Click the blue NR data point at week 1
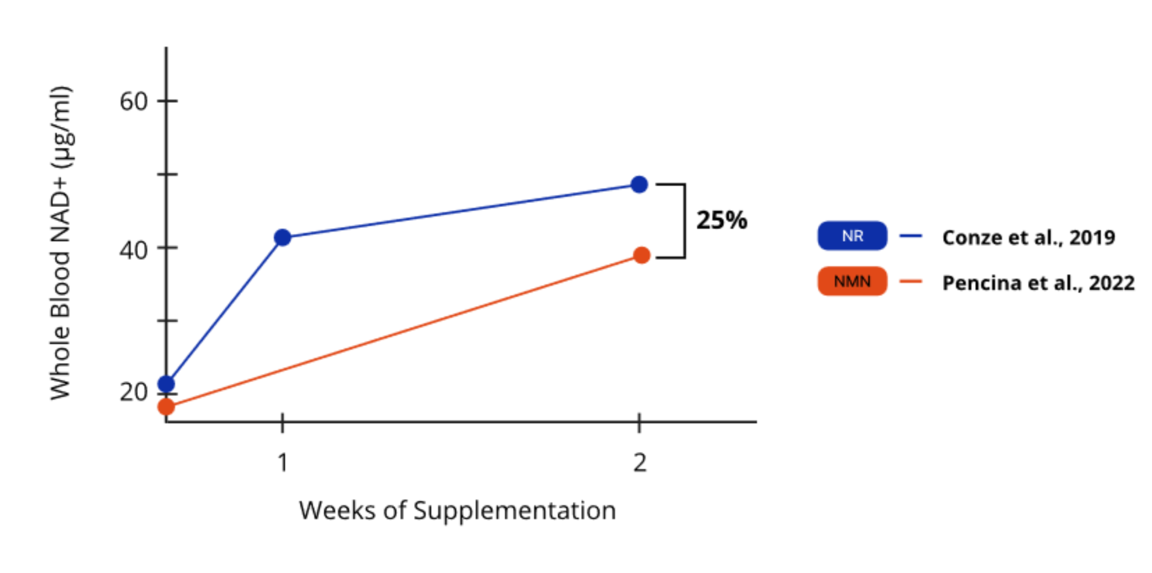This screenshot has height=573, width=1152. (283, 237)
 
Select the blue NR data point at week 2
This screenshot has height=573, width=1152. (639, 185)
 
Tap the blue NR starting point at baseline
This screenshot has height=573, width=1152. (166, 384)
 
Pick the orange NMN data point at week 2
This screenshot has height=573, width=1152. (642, 255)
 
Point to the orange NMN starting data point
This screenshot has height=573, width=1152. (166, 406)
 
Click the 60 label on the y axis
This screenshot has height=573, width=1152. (133, 101)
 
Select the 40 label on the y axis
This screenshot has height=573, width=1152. (133, 250)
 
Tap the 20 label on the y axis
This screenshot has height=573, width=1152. (133, 392)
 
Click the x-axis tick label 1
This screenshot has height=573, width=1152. (283, 462)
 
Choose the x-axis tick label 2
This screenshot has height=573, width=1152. (640, 462)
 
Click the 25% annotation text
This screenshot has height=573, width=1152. (721, 220)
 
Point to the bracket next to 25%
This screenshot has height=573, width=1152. (684, 221)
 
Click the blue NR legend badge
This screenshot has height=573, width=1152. (852, 236)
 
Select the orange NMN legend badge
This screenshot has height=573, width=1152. (852, 281)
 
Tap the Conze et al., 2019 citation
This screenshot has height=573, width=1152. (1029, 238)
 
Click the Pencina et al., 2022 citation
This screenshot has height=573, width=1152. (1038, 283)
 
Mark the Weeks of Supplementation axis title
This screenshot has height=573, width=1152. (457, 510)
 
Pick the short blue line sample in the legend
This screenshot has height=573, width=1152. (911, 236)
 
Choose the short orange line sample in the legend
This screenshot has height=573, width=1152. (911, 281)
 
